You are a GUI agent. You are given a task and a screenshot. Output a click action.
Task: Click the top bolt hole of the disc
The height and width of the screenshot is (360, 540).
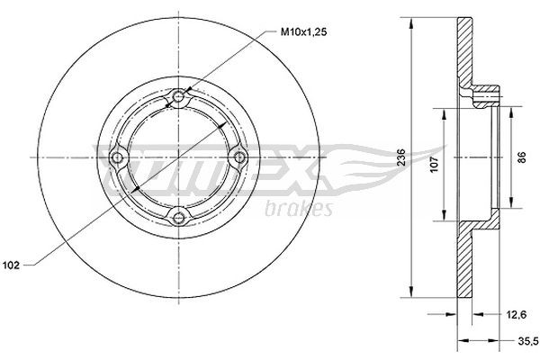tap(179, 97)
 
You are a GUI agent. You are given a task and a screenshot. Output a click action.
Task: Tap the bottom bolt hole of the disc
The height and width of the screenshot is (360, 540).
tap(179, 215)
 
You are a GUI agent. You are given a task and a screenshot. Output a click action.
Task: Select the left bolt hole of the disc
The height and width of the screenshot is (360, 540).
tap(118, 158)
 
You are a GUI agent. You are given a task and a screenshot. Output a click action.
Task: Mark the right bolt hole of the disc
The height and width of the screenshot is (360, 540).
tap(239, 157)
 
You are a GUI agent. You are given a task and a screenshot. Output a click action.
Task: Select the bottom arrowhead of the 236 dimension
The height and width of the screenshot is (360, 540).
tap(411, 297)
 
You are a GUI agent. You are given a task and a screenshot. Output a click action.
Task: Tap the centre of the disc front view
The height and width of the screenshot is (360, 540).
tap(179, 157)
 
